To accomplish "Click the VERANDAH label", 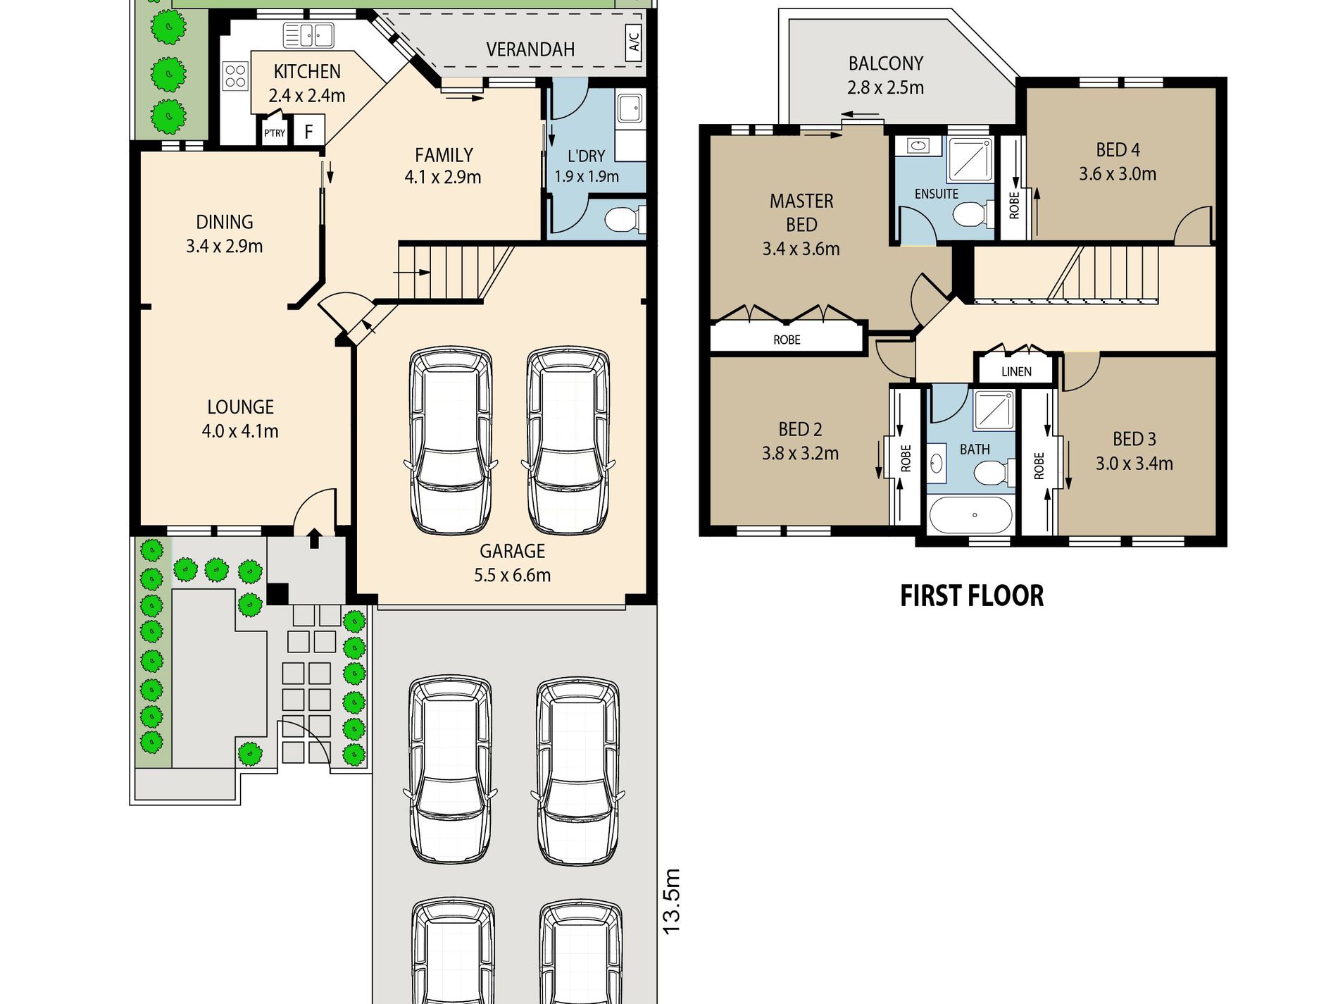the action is (530, 49).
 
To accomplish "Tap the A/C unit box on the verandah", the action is (633, 42).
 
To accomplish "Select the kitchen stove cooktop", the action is (235, 76).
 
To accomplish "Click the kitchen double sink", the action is (308, 35).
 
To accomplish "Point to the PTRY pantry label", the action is (275, 132).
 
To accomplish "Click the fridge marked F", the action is (308, 131).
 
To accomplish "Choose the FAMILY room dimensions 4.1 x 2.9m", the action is (443, 177).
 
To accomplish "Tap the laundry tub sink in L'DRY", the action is (629, 109).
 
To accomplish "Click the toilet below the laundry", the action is (625, 219).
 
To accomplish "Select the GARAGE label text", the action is (513, 551).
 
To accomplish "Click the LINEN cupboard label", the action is (1016, 371).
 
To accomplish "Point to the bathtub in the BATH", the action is (971, 515).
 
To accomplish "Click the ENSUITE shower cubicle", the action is (970, 160).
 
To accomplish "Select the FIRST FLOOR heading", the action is (972, 596).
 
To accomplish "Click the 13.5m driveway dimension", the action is (672, 902).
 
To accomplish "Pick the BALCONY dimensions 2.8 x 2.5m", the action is (886, 87).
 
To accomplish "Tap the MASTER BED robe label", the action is (787, 340).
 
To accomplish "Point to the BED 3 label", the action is (1134, 439).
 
